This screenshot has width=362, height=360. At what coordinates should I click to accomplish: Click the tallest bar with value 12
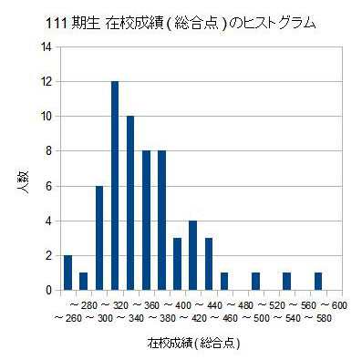point(115,186)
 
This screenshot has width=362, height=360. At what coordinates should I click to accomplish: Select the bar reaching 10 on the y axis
point(130,203)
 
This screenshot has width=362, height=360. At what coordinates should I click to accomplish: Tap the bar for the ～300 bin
point(99,238)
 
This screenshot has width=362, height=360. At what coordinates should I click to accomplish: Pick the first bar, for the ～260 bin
point(67,273)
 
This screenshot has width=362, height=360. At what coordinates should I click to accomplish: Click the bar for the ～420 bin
point(193,255)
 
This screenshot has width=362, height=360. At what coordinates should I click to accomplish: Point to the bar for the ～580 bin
point(318,282)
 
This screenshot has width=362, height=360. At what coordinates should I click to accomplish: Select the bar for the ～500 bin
point(255,282)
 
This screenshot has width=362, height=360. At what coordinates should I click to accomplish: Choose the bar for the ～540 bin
point(287,282)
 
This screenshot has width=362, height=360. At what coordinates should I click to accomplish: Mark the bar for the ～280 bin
point(84,282)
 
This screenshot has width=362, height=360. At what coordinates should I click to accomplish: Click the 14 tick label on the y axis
point(49,47)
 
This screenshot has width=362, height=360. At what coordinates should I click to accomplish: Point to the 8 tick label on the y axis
point(49,151)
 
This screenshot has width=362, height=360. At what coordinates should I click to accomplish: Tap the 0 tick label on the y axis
point(49,291)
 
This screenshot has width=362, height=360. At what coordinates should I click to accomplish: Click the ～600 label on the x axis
point(334,305)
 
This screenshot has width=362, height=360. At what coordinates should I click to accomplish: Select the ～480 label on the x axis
point(240,305)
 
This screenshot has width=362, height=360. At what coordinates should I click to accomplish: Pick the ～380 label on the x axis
point(163,318)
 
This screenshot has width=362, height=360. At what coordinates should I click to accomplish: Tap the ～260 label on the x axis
point(68,318)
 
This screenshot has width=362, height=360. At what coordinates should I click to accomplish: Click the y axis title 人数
point(23,181)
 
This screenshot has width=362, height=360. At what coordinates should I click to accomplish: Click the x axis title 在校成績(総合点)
point(194,343)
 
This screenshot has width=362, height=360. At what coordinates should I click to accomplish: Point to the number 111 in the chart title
point(56,25)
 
